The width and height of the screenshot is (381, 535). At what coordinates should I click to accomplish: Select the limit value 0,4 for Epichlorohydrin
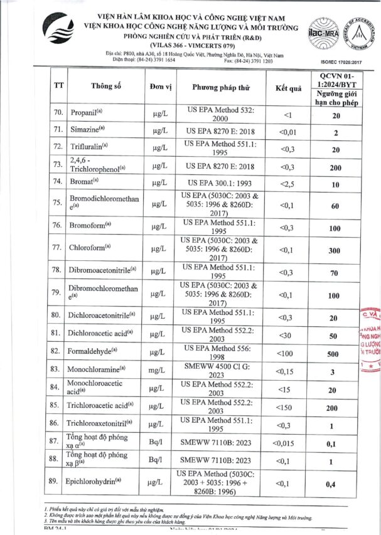tap(336, 484)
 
